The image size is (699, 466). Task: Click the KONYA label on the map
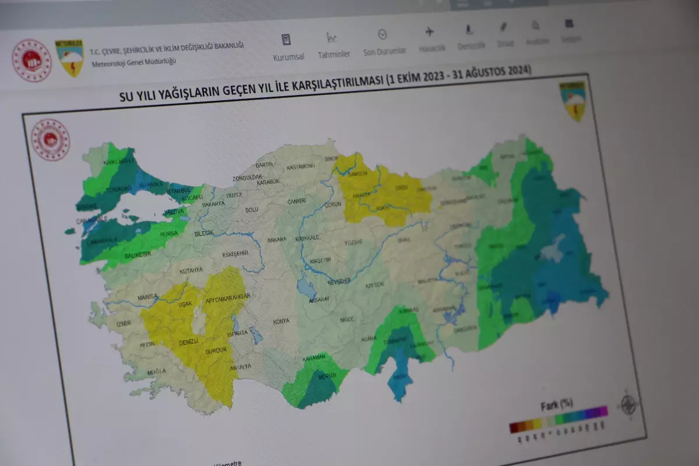click(x=281, y=322)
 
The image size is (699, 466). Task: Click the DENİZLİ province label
click(x=189, y=340)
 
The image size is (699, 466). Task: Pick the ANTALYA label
click(x=240, y=366)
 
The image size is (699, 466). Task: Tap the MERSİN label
click(x=327, y=376)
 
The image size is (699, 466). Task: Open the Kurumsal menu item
click(x=288, y=57)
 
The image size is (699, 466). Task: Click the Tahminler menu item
click(x=334, y=54)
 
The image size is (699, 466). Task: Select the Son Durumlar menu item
click(x=384, y=51)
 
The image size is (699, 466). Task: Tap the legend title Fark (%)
click(x=557, y=404)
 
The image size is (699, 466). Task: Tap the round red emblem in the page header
click(x=32, y=61)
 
